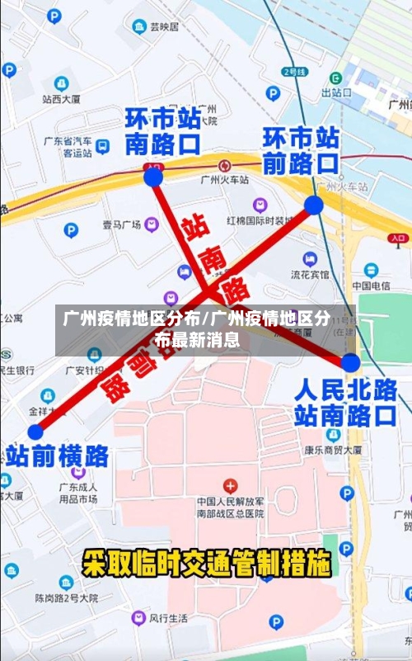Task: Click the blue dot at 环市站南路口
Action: click(153, 177)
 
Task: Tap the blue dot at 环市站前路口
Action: click(313, 205)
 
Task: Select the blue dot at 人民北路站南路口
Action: click(350, 362)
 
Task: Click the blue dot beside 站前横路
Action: click(35, 432)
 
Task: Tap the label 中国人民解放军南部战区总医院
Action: click(231, 507)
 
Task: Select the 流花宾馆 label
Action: click(310, 274)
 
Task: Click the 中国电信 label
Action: click(371, 286)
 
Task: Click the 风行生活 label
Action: click(168, 618)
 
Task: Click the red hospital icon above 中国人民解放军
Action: click(231, 484)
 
